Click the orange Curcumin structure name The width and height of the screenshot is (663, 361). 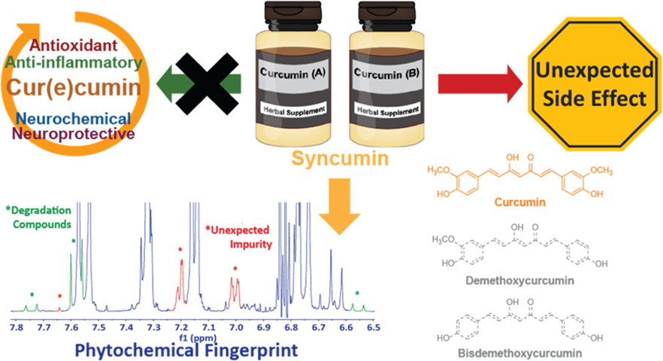point(535,203)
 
